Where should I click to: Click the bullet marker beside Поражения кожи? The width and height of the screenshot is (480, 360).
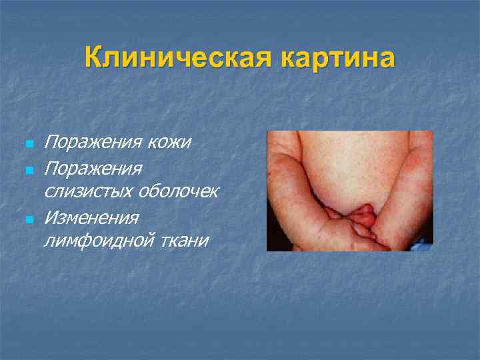coord(27,144)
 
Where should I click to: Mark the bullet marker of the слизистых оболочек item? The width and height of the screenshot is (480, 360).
coord(27,169)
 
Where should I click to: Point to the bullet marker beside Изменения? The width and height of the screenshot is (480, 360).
coord(27,219)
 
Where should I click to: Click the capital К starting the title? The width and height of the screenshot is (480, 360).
coord(94,58)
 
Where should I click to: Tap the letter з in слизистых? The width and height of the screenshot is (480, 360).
coord(75,192)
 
